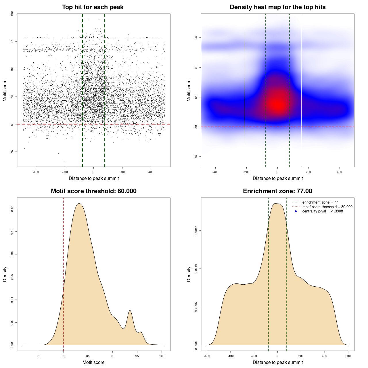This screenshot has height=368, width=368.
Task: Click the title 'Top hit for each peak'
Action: click(93, 7)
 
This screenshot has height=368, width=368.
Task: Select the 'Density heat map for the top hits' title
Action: click(277, 7)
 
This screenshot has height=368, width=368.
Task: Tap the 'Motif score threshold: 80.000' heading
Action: click(93, 191)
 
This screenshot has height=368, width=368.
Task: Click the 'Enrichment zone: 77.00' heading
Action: click(277, 191)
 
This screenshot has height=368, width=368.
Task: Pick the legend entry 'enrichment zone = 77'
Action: click(320, 202)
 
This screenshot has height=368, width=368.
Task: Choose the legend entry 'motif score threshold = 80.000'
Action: click(327, 207)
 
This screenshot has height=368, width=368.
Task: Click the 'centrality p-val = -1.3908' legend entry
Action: click(323, 211)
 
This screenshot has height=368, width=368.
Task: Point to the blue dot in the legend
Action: click(296, 211)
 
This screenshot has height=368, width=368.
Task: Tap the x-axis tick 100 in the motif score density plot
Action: click(162, 356)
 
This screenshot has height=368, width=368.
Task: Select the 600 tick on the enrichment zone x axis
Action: click(348, 356)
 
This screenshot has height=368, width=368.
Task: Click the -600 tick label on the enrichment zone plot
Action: click(207, 356)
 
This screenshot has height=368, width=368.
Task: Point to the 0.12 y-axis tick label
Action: click(12, 209)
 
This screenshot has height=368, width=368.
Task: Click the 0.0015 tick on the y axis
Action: click(196, 231)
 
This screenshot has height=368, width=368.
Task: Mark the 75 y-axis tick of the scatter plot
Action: click(12, 152)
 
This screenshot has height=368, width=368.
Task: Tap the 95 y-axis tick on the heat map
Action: click(196, 38)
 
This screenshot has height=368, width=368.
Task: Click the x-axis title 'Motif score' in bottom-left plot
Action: click(93, 362)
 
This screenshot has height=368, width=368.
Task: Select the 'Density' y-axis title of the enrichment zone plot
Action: click(189, 274)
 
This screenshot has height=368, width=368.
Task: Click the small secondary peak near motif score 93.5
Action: click(130, 311)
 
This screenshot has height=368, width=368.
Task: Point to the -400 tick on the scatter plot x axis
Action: click(36, 172)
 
